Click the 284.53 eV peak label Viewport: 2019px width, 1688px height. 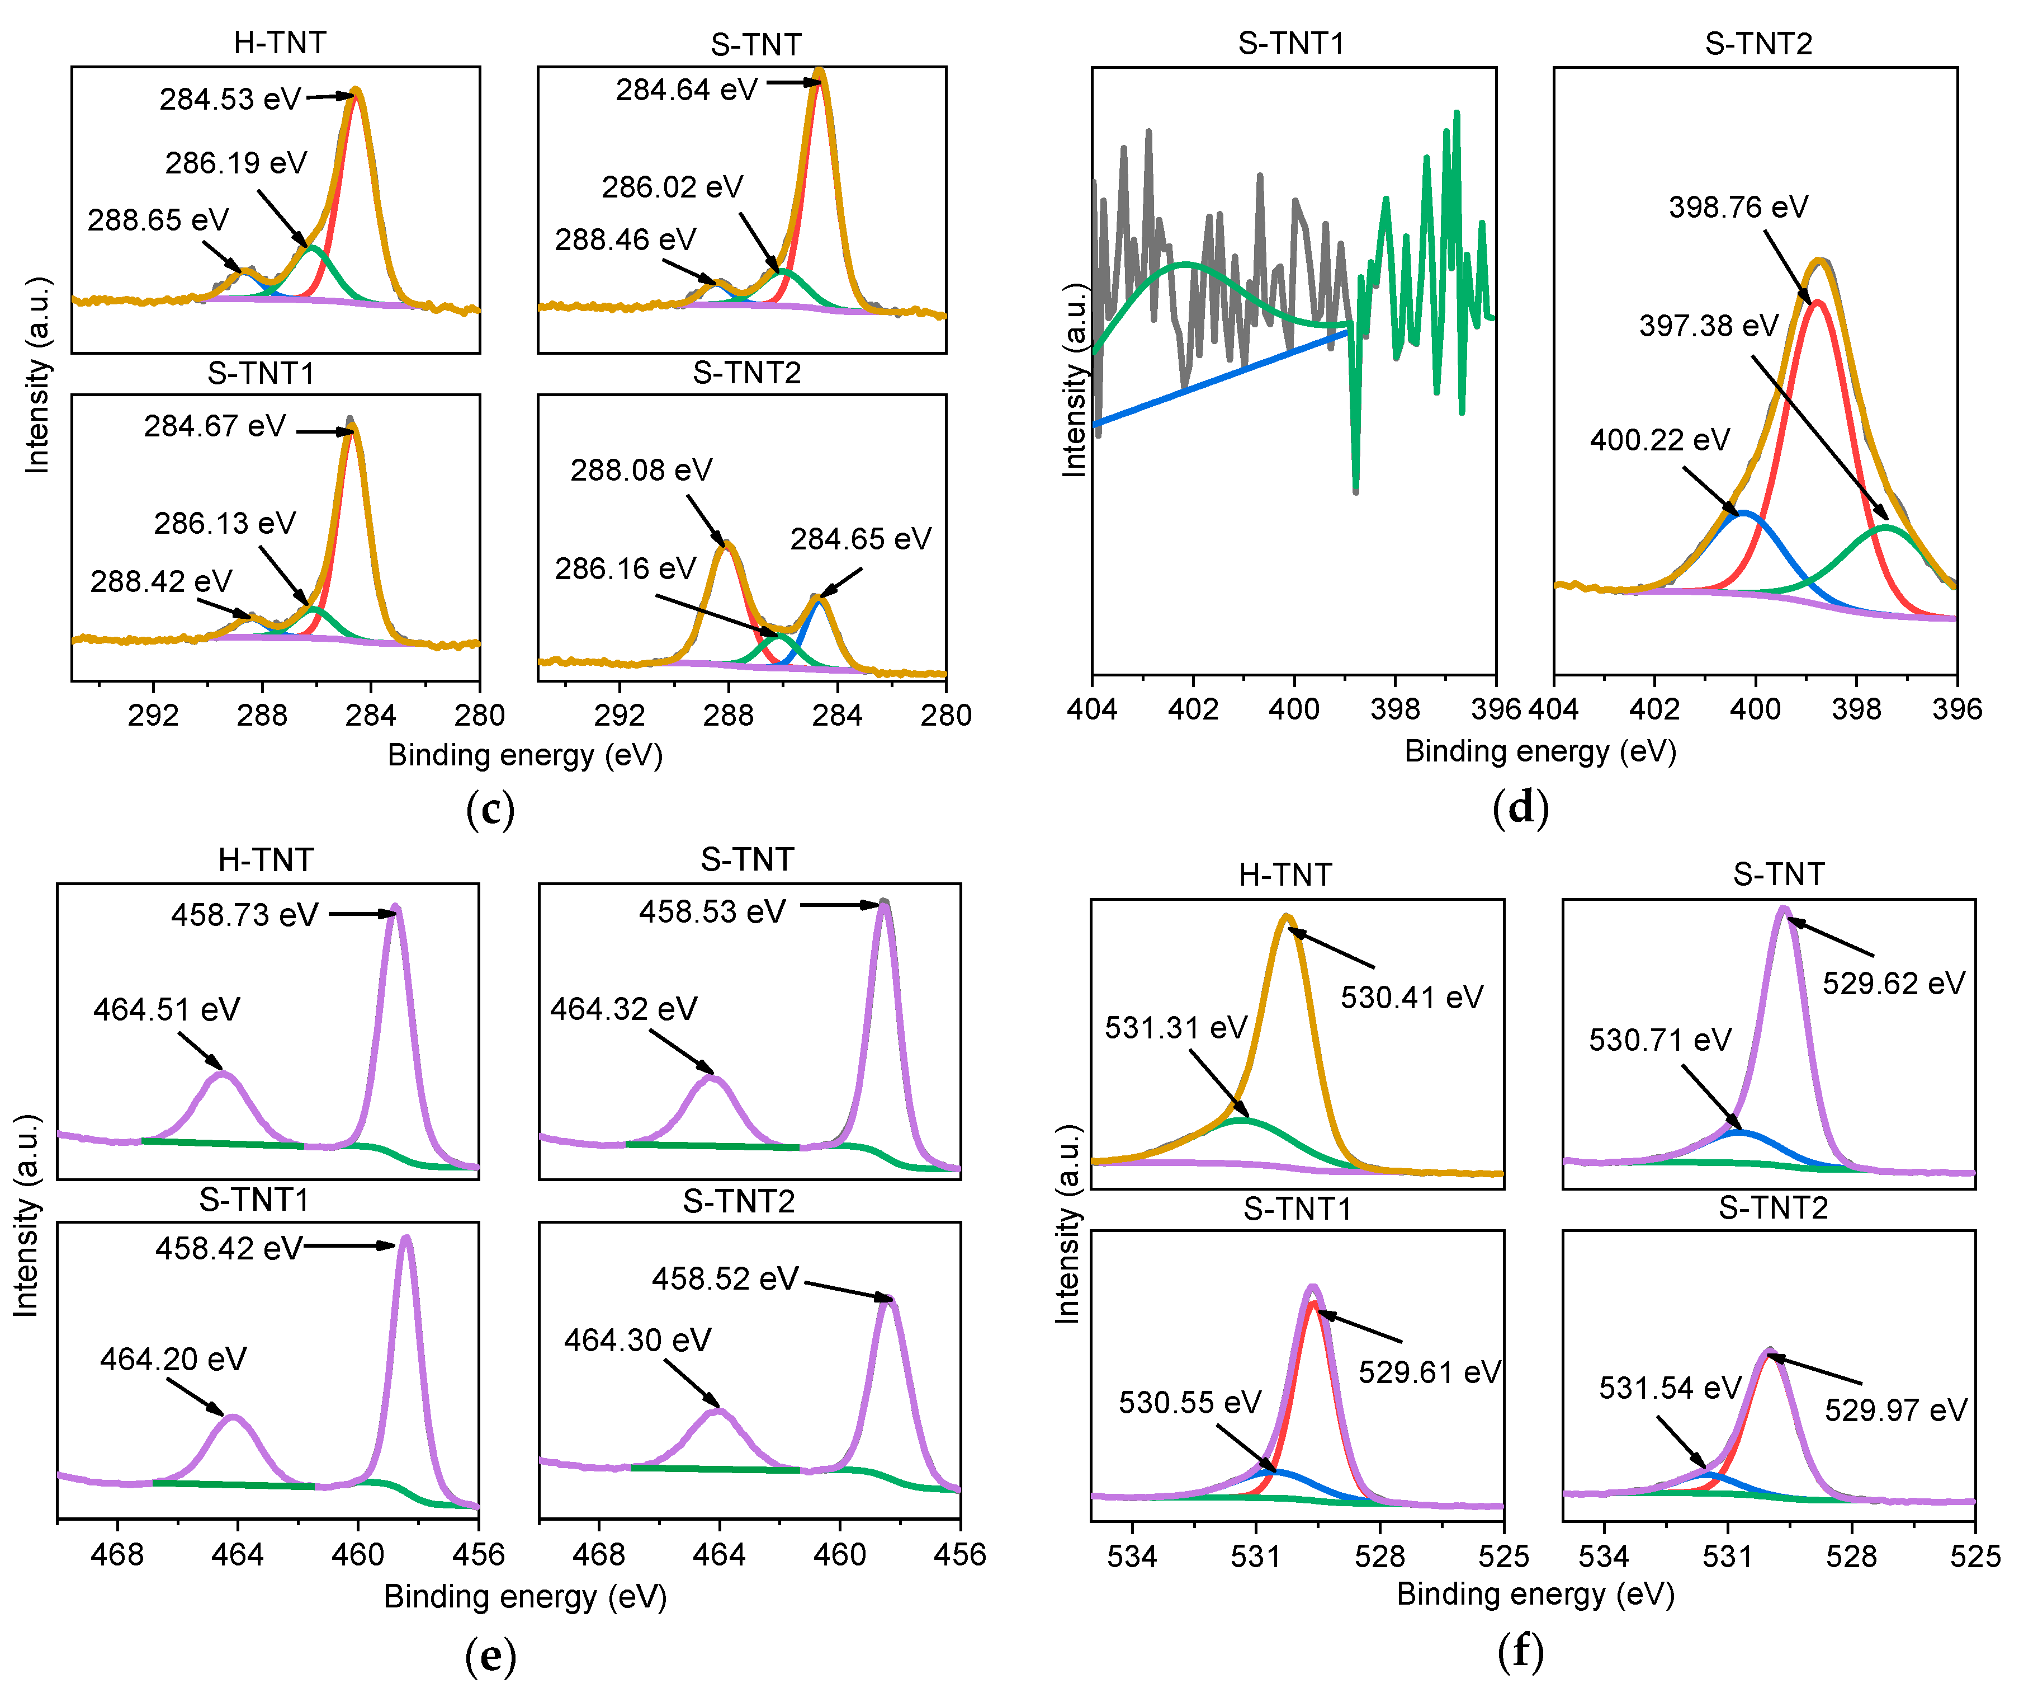231,99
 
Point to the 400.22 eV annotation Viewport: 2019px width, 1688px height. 1659,440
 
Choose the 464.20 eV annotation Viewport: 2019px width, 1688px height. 173,1359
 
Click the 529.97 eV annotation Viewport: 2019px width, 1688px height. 1895,1410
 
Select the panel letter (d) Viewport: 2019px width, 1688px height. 1520,806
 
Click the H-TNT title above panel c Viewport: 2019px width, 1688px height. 280,43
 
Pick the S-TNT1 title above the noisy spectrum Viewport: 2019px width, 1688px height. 1290,43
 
